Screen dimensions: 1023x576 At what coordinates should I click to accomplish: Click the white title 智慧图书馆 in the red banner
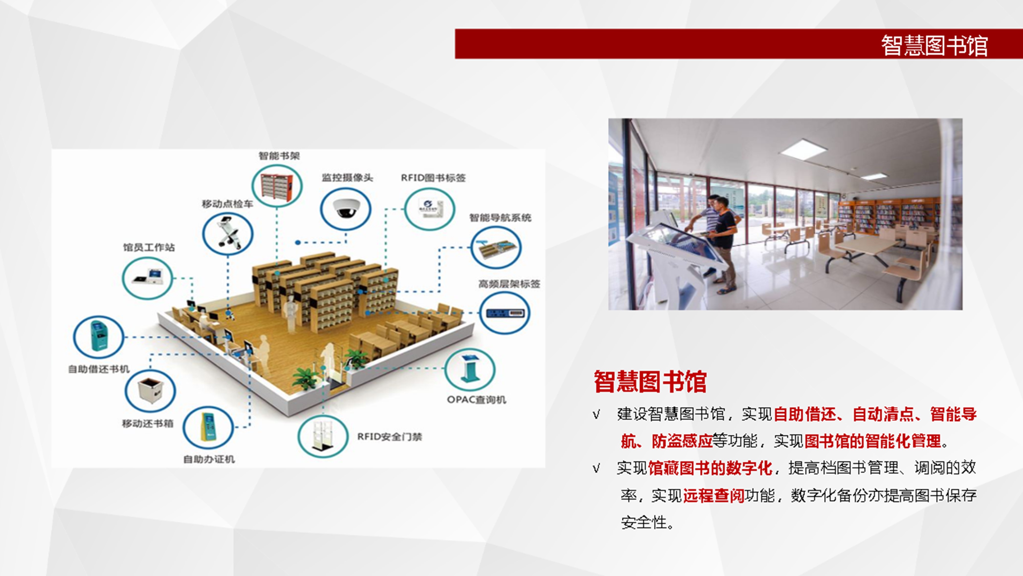(934, 45)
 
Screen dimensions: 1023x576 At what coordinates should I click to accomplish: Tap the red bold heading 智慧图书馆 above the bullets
(650, 382)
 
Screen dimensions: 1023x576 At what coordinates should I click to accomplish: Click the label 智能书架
(279, 156)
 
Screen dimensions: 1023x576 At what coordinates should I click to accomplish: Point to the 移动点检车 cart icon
(228, 233)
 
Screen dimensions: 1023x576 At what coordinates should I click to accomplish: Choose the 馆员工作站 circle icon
(147, 278)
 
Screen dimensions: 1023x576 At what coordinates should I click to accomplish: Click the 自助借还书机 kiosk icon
(98, 337)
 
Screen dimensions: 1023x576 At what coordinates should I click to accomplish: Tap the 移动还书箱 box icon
(150, 391)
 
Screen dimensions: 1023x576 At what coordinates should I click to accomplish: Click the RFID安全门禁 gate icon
(323, 436)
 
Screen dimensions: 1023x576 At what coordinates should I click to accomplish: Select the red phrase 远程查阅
(714, 495)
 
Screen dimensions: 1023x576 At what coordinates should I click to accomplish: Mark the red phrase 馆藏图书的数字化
(710, 468)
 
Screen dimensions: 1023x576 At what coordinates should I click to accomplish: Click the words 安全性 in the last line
(644, 522)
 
